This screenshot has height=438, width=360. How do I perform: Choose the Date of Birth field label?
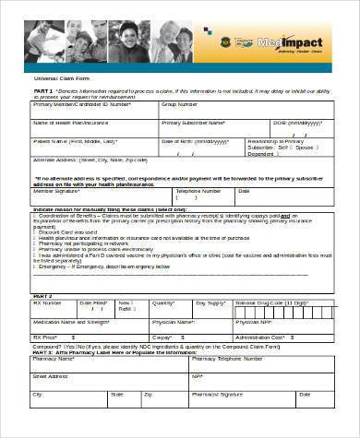[x=179, y=141]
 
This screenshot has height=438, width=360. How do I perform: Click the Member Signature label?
[x=58, y=191]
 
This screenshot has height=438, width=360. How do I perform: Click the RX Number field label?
[x=48, y=302]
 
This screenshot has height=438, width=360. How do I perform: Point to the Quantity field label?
[x=162, y=302]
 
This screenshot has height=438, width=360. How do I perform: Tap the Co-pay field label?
[x=162, y=338]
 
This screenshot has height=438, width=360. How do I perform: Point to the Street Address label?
[x=52, y=375]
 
